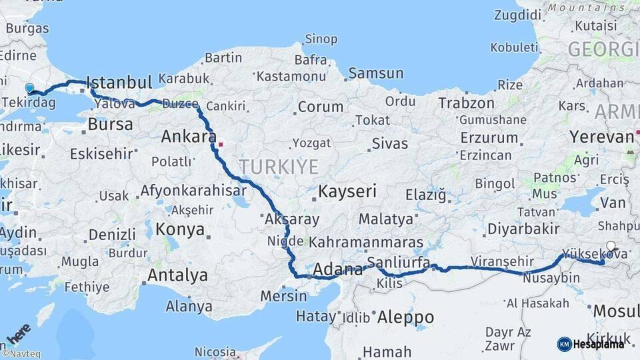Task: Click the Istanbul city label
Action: tap(119, 83)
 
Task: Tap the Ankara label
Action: tap(185, 137)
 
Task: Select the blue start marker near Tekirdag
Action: tap(29, 88)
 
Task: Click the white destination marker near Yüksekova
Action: tap(611, 246)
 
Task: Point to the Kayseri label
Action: tap(347, 191)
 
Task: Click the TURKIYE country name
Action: tap(279, 167)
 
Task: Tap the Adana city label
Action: tap(337, 270)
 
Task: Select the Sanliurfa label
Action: tap(398, 262)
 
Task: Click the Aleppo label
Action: tap(405, 318)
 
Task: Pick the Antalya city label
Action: tap(177, 275)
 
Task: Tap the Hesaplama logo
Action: tap(591, 344)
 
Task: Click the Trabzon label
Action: tap(466, 103)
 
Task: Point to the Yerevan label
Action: tap(601, 137)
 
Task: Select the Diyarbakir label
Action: tap(523, 229)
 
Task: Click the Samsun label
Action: tap(375, 73)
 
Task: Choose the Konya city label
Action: tap(180, 230)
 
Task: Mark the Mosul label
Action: tap(615, 311)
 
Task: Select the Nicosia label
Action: tap(215, 351)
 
